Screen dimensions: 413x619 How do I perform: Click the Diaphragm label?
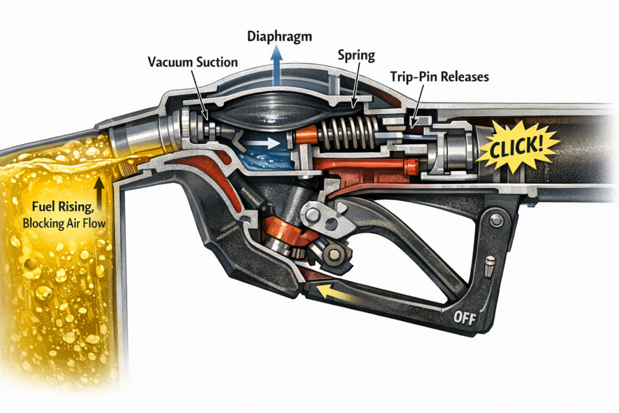(x=280, y=36)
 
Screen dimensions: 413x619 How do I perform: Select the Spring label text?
(x=357, y=56)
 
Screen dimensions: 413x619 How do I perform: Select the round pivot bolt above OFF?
(x=497, y=221)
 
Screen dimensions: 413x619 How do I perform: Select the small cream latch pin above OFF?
(x=489, y=264)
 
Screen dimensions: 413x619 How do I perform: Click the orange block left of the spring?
(x=305, y=137)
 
